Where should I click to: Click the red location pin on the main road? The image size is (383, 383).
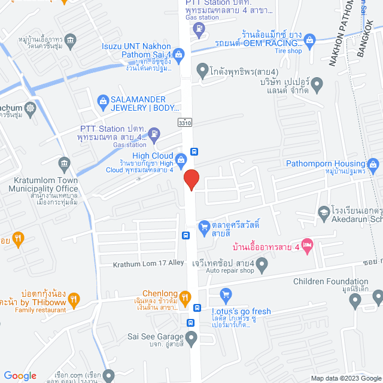coord(191,180)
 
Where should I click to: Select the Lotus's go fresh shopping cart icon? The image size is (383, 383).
coord(226,294)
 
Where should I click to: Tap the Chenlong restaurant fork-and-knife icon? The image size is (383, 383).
coord(186,297)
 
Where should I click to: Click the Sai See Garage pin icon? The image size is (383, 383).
coord(191,339)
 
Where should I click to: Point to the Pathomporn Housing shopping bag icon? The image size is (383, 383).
coord(373,163)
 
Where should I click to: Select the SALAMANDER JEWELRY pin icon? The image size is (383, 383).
coord(101,100)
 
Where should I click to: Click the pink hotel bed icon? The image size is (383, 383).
coord(307,244)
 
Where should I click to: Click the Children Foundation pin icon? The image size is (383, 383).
coord(357,304)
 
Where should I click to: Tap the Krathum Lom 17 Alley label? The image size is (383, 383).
coord(149,263)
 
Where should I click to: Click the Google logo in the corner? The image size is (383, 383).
coord(20,375)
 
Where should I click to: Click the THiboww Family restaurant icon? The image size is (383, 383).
coord(74,298)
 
